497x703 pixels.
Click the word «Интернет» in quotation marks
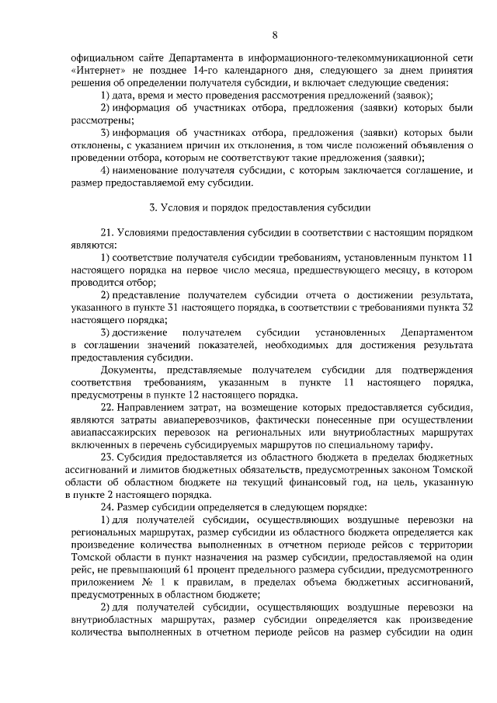click(x=92, y=71)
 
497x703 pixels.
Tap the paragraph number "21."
click(x=107, y=232)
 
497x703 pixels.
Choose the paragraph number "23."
click(x=107, y=458)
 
